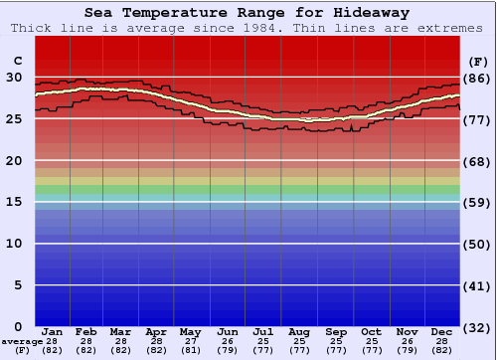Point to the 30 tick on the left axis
[14, 77]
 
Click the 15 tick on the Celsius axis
[14, 202]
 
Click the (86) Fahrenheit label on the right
[477, 78]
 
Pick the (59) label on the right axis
[477, 203]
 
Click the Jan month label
[53, 332]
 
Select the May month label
[190, 332]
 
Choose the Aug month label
[298, 332]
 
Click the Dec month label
[441, 332]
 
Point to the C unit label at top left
[17, 61]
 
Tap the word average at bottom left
[22, 341]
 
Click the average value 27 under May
[190, 341]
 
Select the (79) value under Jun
[227, 350]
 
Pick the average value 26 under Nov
[407, 341]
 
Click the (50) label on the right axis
[477, 244]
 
